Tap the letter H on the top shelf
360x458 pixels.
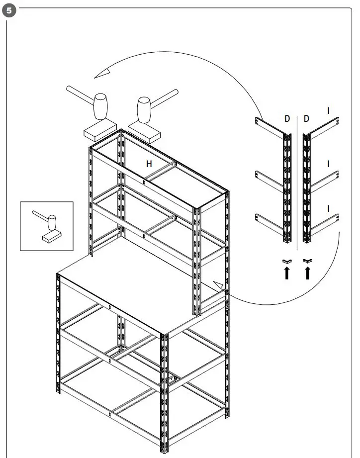click(x=148, y=163)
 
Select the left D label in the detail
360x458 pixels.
click(x=287, y=119)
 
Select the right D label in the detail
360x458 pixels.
click(x=306, y=119)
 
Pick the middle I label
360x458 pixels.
click(x=328, y=163)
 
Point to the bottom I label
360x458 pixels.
click(x=328, y=208)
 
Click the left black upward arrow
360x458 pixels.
click(x=287, y=273)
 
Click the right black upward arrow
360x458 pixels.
click(x=308, y=273)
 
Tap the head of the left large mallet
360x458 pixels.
click(x=101, y=106)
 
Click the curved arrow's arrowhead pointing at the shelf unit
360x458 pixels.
click(x=217, y=284)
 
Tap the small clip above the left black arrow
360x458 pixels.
click(x=287, y=261)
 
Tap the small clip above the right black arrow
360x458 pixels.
click(x=308, y=261)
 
